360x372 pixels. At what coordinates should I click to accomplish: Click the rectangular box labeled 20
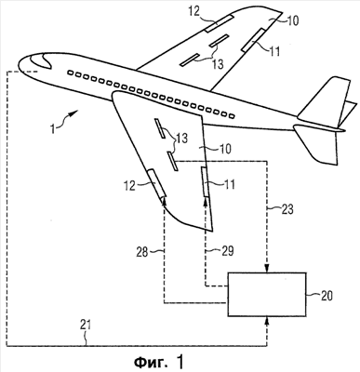point(267,294)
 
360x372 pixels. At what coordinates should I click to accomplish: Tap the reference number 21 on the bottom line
point(86,325)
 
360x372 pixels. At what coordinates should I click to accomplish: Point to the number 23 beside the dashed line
point(287,209)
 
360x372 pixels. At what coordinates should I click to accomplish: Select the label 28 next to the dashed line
point(143,251)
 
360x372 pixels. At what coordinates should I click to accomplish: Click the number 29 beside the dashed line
point(227,251)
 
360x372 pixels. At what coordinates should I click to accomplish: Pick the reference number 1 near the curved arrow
point(53,128)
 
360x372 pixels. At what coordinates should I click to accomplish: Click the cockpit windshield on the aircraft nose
point(40,60)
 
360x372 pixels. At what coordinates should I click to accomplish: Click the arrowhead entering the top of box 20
point(267,268)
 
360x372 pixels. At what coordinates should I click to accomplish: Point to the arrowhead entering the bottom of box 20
point(267,321)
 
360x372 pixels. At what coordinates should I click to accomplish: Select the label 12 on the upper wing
point(194,12)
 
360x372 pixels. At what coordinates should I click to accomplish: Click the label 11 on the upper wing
point(274,51)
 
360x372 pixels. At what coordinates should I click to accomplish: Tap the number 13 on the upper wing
point(218,64)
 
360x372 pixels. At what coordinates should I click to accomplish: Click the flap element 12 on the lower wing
point(156,183)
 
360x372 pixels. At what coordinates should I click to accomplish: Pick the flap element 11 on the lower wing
point(205,181)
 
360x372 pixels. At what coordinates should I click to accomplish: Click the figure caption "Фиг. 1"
point(158,362)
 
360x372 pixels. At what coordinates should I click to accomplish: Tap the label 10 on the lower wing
point(225,149)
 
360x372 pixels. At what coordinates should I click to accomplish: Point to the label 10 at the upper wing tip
point(292,20)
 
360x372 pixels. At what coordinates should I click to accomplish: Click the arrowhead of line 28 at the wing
point(164,201)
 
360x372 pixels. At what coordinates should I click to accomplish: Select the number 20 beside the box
point(327,296)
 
